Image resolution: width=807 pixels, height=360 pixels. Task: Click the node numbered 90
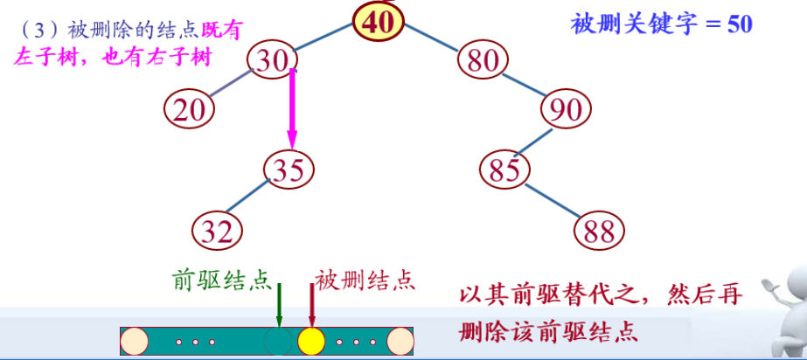point(567,110)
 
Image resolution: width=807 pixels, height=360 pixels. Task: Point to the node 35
point(289,169)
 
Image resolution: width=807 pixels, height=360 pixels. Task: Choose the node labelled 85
point(506,170)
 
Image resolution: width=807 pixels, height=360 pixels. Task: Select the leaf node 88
point(600,231)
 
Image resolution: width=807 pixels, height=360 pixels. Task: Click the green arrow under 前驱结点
point(279,306)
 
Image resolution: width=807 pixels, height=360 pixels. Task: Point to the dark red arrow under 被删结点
point(311,306)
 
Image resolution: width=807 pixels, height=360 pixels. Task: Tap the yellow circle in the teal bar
point(310,341)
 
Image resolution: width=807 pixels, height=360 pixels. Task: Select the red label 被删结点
point(365,280)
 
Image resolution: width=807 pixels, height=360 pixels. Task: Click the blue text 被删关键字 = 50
point(662,24)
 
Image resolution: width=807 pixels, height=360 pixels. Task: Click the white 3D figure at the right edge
point(788,306)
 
